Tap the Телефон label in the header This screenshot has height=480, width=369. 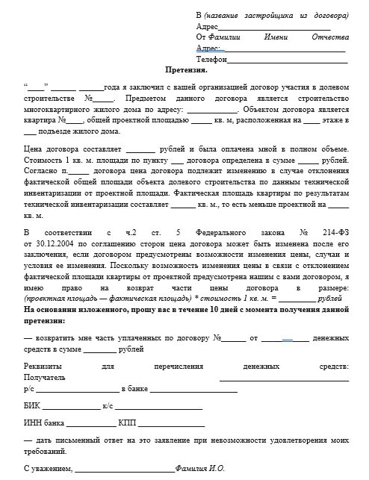211,58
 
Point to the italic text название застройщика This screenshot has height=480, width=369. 250,16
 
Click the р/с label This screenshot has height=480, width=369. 30,389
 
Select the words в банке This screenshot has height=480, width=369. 134,389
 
